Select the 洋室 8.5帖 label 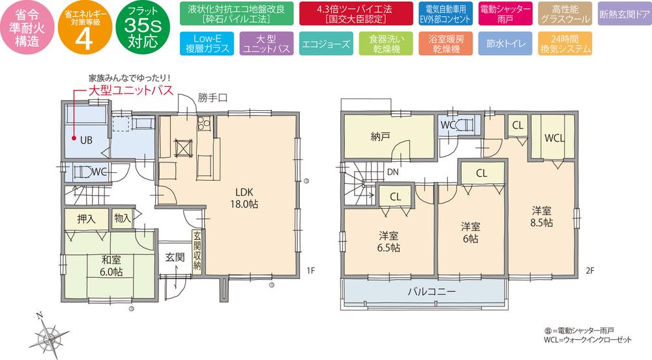(x=542, y=216)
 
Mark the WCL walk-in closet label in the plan (x=554, y=138)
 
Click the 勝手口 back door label (x=212, y=98)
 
